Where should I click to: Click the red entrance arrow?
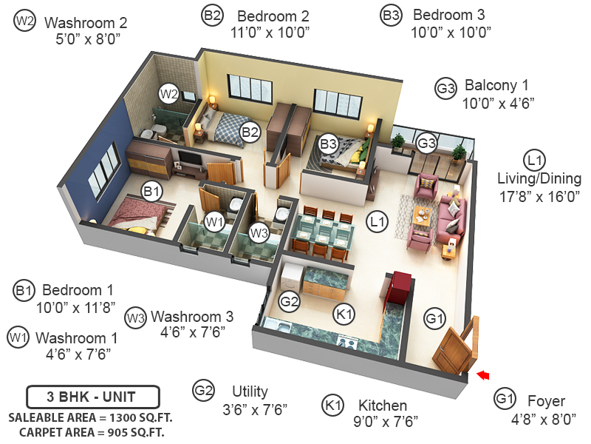482,375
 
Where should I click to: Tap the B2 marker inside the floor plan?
250,132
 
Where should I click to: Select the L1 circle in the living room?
378,221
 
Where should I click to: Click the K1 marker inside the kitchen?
344,314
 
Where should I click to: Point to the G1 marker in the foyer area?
434,319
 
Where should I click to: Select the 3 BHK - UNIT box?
92,397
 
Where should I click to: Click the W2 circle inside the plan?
169,94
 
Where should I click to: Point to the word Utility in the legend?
250,391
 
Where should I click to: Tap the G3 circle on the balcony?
427,143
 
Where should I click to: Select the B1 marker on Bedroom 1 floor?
152,192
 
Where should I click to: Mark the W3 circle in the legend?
135,317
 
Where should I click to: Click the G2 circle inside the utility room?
289,301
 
